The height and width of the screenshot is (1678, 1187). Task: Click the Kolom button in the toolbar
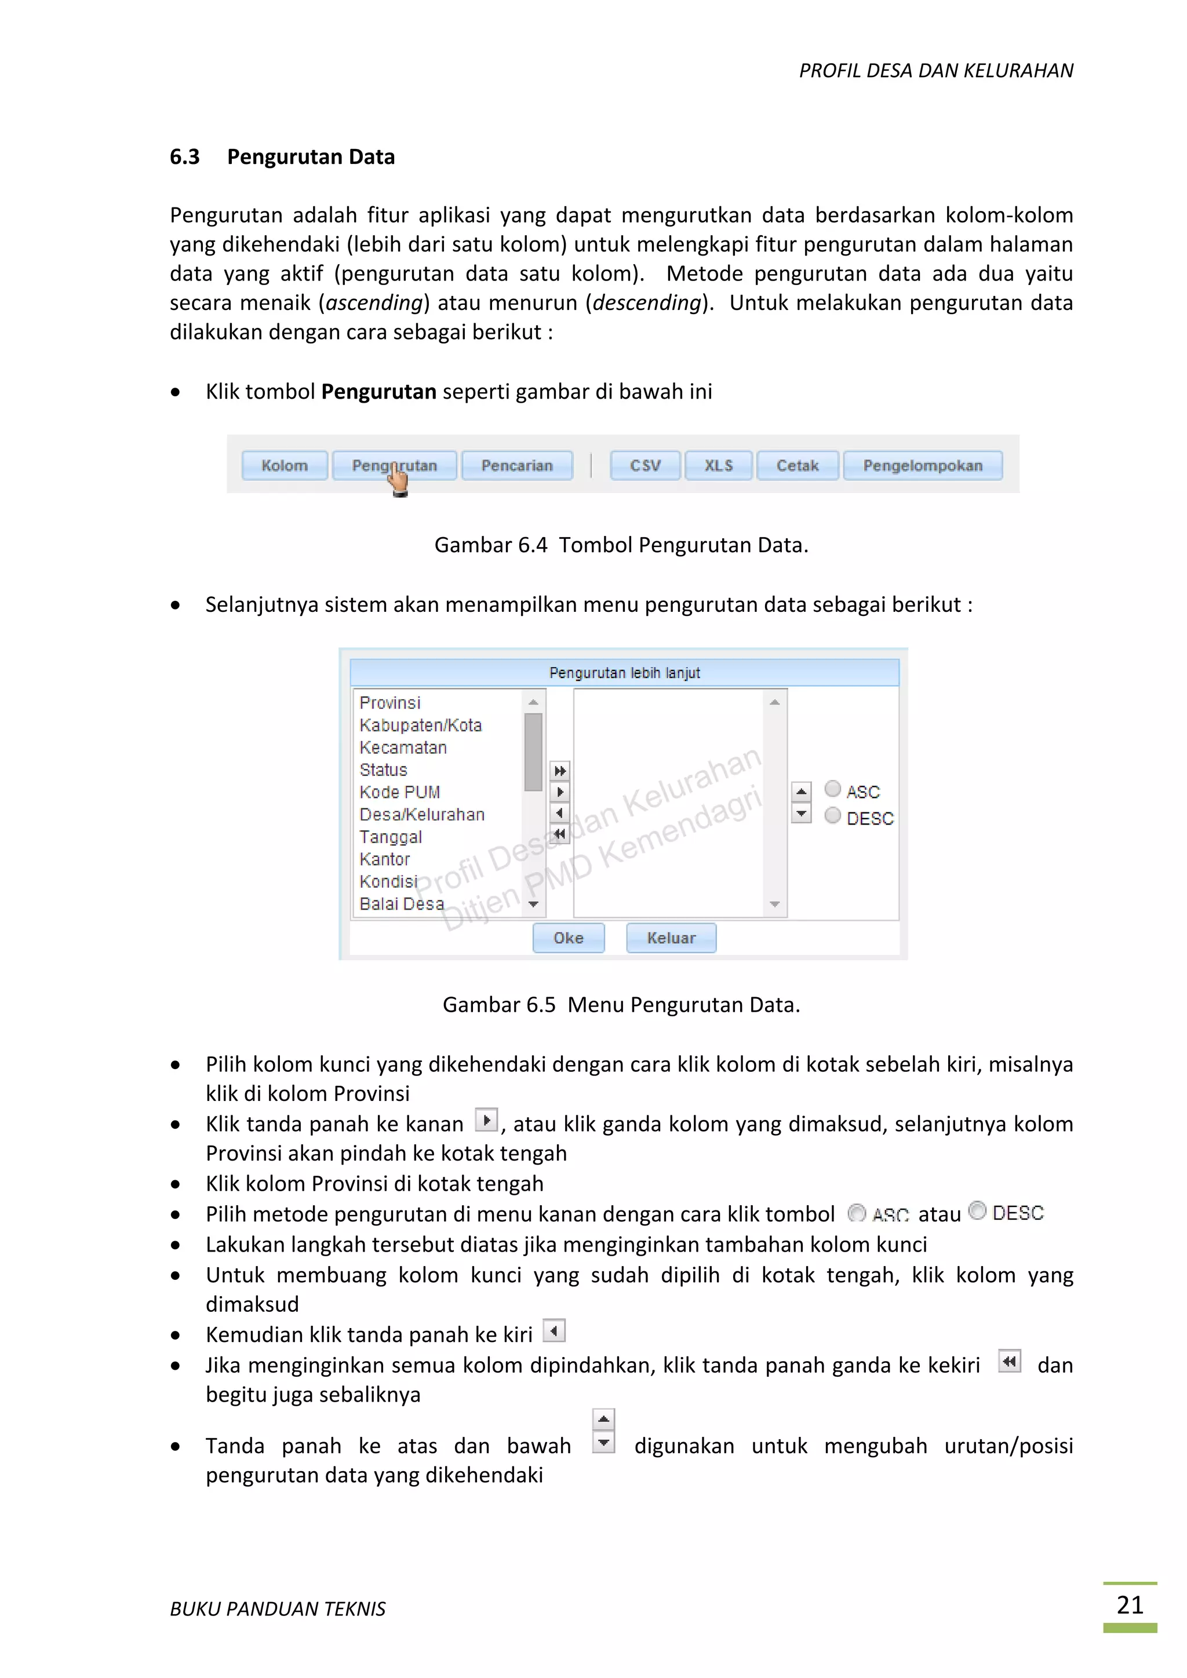285,465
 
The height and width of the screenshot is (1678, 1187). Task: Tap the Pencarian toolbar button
517,465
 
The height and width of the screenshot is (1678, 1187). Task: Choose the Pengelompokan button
922,465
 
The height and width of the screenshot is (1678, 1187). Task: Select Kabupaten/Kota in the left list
420,725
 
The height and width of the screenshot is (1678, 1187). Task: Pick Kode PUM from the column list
399,792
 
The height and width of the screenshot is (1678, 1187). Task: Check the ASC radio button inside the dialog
832,789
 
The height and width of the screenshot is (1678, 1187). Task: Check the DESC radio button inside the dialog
832,816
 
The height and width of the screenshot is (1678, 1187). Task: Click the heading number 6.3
184,157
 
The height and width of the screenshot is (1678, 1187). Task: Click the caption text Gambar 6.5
498,1005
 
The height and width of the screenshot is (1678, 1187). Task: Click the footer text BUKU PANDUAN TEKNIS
278,1608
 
